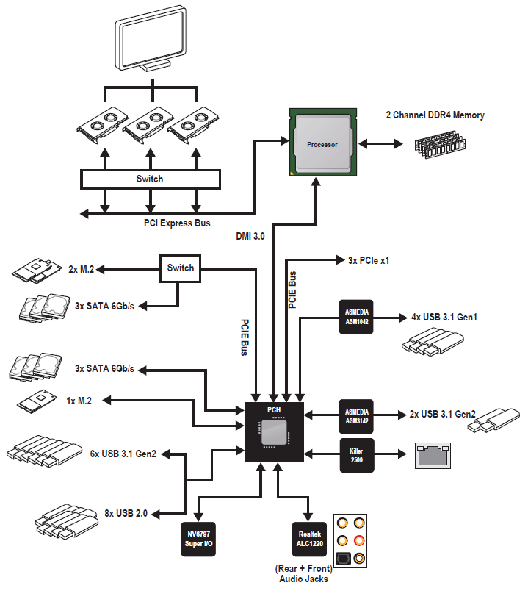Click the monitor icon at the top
click(152, 41)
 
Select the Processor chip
click(322, 145)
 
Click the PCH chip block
click(273, 432)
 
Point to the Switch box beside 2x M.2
click(181, 268)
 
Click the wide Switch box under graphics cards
click(150, 179)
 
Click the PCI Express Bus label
click(178, 222)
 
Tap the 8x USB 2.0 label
click(126, 513)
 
